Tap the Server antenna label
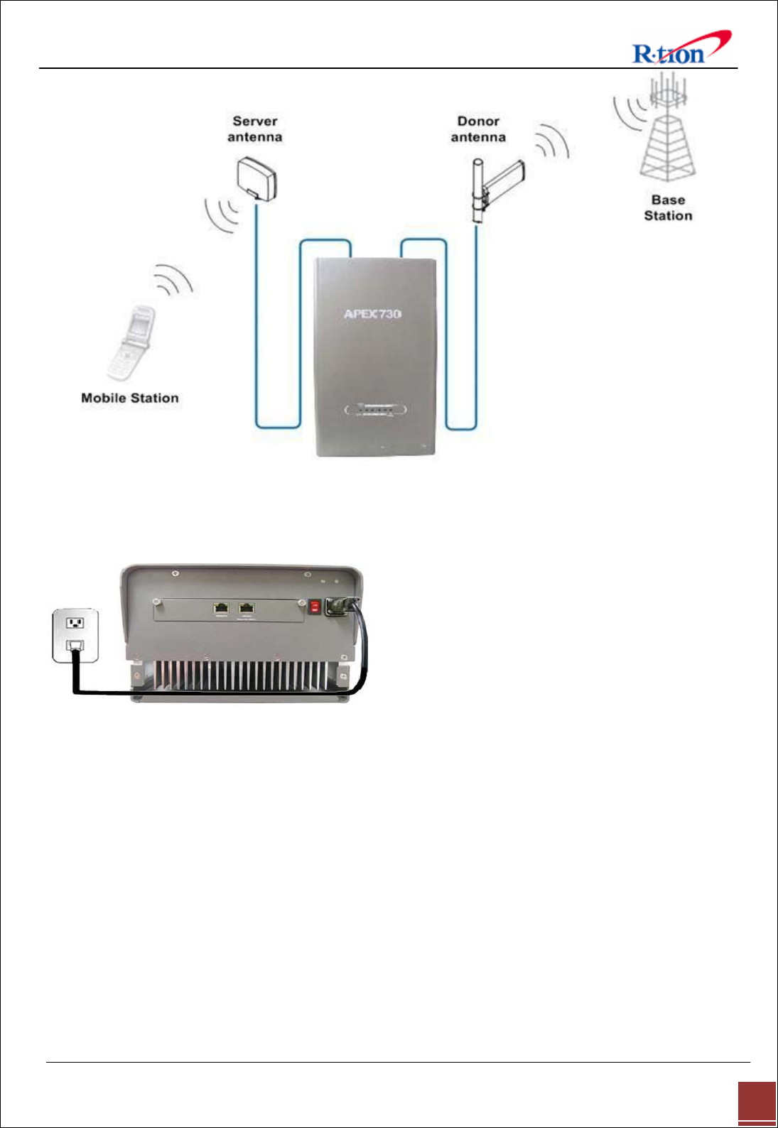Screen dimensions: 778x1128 (255, 129)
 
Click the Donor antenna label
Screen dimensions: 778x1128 (478, 129)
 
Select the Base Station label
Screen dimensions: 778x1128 (668, 208)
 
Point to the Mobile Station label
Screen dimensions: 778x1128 (130, 398)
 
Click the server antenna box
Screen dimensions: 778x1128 (256, 178)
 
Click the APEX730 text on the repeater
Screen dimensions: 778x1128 (372, 314)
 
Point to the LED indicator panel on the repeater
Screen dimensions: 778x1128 (375, 410)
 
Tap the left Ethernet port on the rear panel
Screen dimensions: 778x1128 (222, 608)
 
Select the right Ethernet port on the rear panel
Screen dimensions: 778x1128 (247, 608)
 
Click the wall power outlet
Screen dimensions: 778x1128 (75, 635)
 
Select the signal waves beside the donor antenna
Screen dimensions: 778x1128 (553, 142)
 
